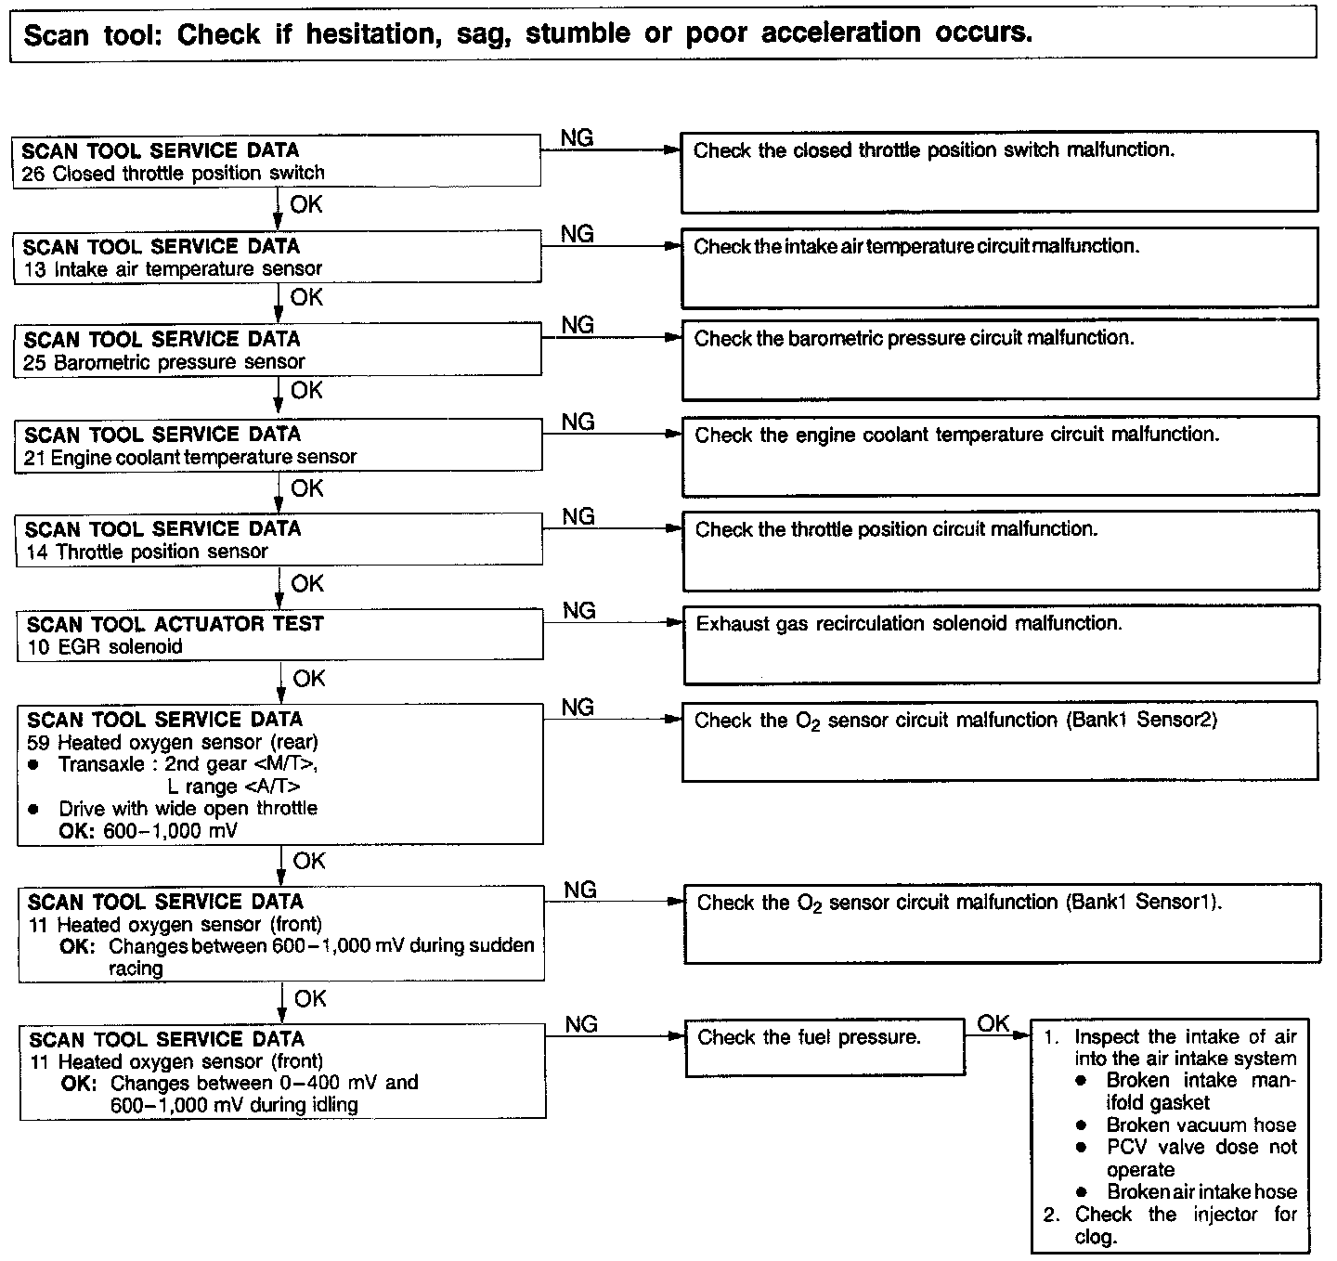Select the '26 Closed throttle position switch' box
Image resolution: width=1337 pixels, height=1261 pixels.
pos(277,161)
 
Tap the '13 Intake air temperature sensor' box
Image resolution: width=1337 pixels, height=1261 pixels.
pos(277,257)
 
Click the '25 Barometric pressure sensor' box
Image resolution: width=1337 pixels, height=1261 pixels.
pos(278,350)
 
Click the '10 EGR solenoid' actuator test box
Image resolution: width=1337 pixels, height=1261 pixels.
pos(279,635)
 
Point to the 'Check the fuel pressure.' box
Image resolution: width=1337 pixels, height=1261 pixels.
pos(824,1048)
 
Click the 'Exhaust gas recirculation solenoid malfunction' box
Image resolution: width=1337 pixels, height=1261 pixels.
pos(1001,644)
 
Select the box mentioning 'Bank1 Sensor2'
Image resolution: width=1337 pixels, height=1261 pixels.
pos(999,741)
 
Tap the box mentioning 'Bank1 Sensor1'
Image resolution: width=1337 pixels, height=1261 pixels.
pos(1001,922)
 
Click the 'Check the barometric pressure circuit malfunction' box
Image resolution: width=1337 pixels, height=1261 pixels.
pos(999,359)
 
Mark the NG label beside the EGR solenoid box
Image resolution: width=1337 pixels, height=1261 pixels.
pos(579,610)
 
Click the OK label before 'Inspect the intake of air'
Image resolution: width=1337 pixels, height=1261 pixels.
pos(993,1023)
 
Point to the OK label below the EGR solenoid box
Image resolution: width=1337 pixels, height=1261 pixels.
pos(309,679)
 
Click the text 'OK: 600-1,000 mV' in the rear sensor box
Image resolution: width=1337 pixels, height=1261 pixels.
pos(148,831)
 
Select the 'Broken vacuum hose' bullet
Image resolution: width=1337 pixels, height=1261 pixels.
pos(1201,1125)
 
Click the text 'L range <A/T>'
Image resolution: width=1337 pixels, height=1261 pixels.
pos(234,786)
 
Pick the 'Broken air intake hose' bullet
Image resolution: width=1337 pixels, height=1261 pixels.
pos(1201,1192)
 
